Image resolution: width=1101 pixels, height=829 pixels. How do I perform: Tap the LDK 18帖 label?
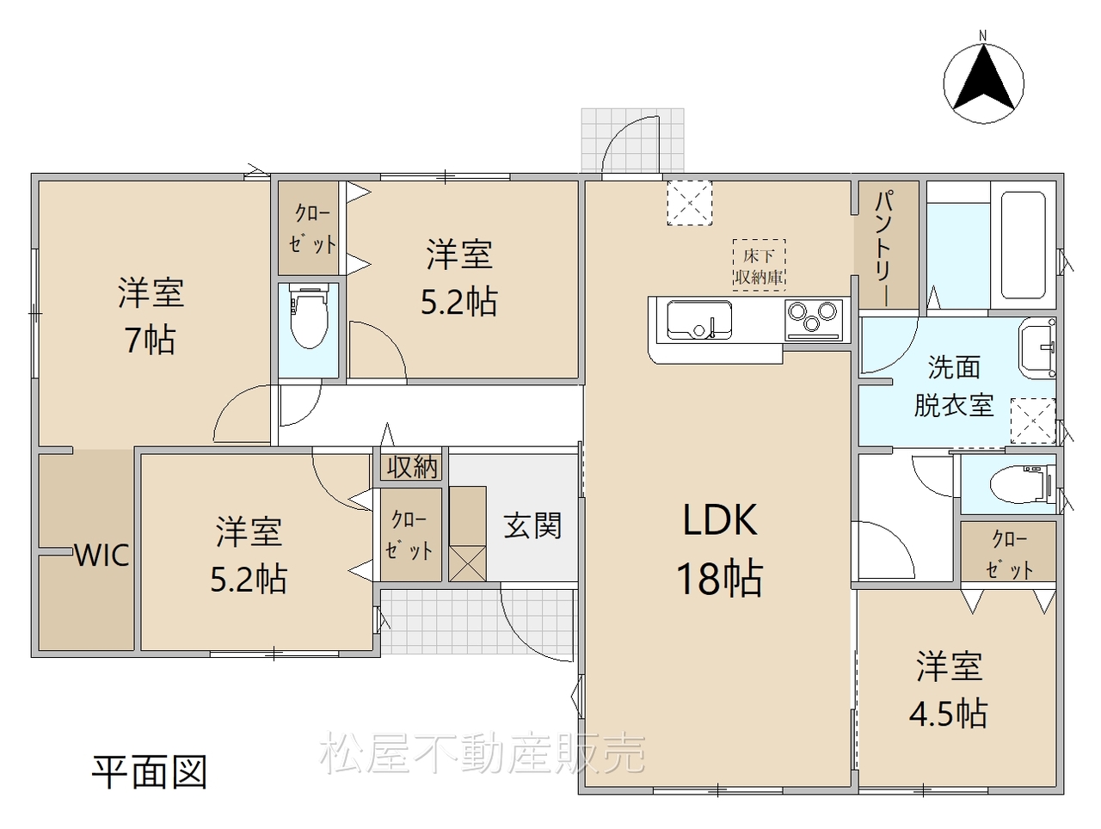point(720,550)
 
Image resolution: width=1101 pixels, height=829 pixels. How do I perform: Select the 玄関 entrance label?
point(532,525)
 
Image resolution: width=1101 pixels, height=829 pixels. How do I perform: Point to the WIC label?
point(102,556)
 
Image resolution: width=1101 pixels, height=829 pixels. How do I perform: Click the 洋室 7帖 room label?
point(151,316)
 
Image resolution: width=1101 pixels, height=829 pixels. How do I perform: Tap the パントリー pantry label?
point(886,248)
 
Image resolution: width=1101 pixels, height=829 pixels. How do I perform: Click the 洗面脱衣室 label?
point(954,386)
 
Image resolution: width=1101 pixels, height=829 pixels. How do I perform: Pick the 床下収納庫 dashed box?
point(759,265)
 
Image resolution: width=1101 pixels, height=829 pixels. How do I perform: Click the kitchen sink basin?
point(699,319)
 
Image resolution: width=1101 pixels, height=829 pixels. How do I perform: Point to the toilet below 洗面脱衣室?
point(1024,483)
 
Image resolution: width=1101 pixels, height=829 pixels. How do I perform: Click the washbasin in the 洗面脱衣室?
point(1037,347)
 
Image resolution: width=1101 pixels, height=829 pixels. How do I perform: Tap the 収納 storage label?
point(412,468)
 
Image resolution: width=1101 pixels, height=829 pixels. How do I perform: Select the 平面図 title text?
point(150,773)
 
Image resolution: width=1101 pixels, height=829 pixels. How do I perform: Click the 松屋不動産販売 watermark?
point(483,753)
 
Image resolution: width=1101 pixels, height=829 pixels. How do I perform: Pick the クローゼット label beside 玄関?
point(409,535)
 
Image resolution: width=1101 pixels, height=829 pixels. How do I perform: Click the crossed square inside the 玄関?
point(467,563)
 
